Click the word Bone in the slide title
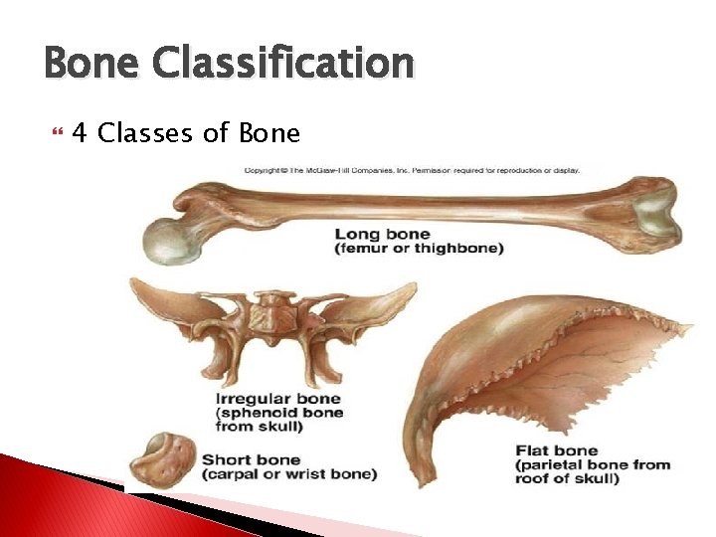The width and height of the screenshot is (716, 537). tap(92, 64)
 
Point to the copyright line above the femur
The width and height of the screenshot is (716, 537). tap(412, 170)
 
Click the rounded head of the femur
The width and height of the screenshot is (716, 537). tap(168, 240)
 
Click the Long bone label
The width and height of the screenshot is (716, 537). tap(383, 235)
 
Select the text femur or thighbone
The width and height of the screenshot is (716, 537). tap(419, 249)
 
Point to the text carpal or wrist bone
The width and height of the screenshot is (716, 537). tap(289, 474)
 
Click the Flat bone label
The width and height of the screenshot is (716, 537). tap(556, 450)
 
